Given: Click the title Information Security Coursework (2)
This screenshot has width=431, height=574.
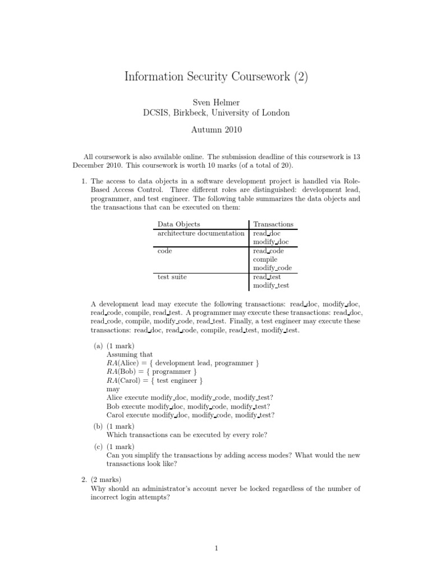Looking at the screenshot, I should pyautogui.click(x=216, y=77).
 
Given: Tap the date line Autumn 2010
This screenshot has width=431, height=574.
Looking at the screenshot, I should pyautogui.click(x=216, y=129).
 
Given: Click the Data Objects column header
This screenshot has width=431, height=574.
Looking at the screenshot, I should pyautogui.click(x=178, y=224).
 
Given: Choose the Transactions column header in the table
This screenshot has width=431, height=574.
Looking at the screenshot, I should pyautogui.click(x=273, y=224).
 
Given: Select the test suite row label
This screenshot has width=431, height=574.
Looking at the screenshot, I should pyautogui.click(x=172, y=277).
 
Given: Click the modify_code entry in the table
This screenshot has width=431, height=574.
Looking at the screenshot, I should pyautogui.click(x=272, y=269).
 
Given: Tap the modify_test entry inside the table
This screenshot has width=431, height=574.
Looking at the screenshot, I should pyautogui.click(x=271, y=286).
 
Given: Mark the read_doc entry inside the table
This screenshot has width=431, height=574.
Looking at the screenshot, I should pyautogui.click(x=267, y=233).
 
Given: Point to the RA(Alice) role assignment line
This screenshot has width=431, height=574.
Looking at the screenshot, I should pyautogui.click(x=182, y=363).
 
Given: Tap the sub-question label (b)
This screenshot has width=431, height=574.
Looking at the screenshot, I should pyautogui.click(x=98, y=427).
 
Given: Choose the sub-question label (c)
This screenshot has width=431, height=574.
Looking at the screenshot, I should pyautogui.click(x=98, y=447).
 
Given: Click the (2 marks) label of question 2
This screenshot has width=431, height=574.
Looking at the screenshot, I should pyautogui.click(x=108, y=480).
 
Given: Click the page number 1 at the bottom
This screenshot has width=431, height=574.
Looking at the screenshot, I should pyautogui.click(x=216, y=549).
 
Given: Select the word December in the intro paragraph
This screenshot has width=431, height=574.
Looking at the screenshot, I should pyautogui.click(x=90, y=166).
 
